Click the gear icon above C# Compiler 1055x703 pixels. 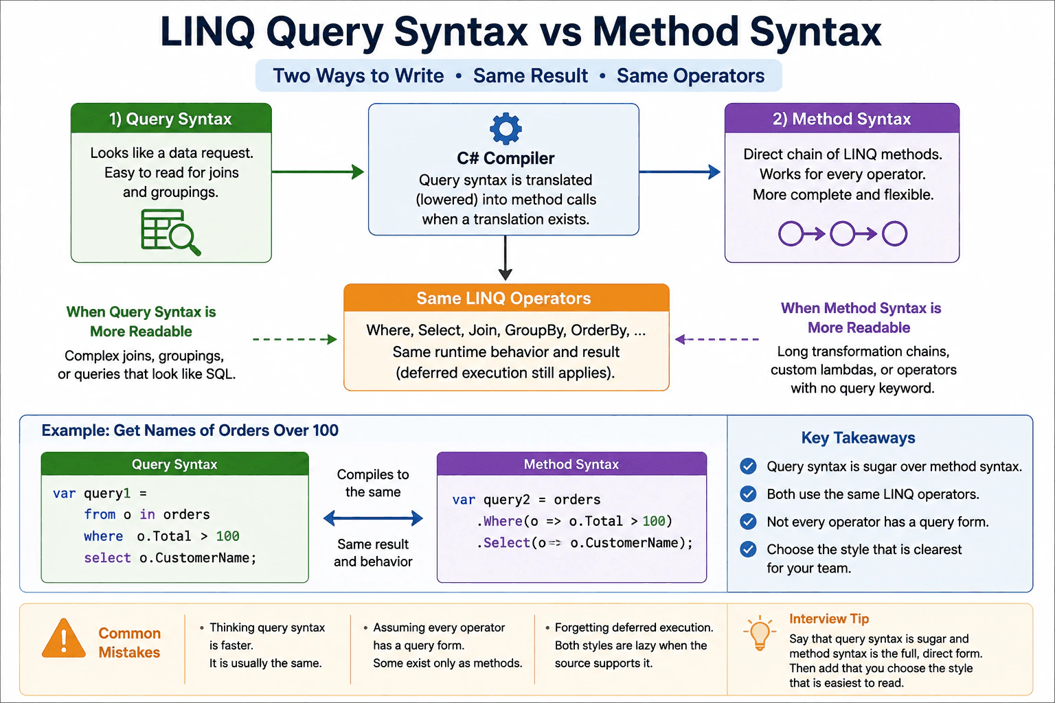(x=506, y=128)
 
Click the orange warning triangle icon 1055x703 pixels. (x=64, y=638)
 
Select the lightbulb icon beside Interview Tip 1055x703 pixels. (x=759, y=633)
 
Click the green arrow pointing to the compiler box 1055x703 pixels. (x=318, y=172)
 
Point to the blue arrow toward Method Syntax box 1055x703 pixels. (x=679, y=172)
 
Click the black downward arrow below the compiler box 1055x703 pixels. (x=506, y=258)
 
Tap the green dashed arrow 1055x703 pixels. (x=295, y=339)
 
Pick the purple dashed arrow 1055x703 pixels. (x=716, y=339)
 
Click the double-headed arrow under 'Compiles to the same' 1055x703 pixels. (x=373, y=518)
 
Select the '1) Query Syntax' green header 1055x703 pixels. (x=171, y=118)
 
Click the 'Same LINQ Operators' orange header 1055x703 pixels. (x=506, y=298)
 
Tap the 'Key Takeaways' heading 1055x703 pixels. (x=858, y=437)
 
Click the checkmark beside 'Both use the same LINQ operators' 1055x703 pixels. (x=748, y=494)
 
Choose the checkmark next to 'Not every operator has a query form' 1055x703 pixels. (x=748, y=521)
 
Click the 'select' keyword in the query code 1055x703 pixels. (x=107, y=558)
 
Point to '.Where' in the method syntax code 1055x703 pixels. (x=500, y=521)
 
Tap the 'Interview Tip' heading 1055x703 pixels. (x=829, y=619)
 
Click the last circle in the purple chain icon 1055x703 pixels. (x=894, y=233)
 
